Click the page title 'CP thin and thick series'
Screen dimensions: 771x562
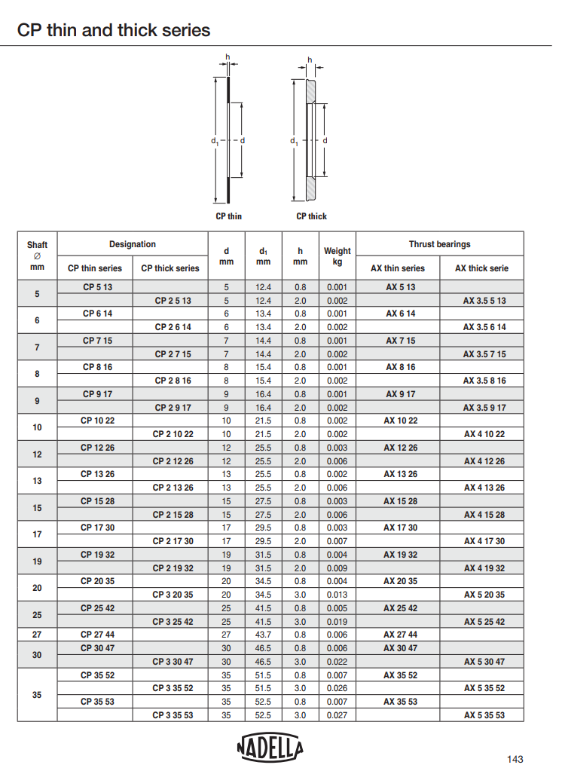[x=114, y=31]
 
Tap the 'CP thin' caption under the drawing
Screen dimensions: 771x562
[x=228, y=216]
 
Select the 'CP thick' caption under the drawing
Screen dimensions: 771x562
[x=311, y=216]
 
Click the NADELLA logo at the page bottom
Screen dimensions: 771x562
[x=270, y=748]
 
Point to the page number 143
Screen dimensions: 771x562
[x=515, y=758]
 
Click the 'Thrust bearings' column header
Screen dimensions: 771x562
[x=439, y=244]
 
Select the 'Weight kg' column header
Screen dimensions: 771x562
[x=337, y=256]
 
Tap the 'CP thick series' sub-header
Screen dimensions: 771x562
[x=170, y=268]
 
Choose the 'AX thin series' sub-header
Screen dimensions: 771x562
[x=398, y=268]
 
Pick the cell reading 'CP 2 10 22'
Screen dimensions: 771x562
[x=173, y=434]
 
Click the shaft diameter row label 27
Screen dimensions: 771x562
[x=37, y=635]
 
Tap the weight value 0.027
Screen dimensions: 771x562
[x=337, y=715]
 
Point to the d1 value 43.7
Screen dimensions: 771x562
[x=263, y=635]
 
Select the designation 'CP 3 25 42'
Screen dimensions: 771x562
[x=173, y=622]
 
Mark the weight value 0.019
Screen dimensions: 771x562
[x=337, y=622]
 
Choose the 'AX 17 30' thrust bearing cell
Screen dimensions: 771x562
[x=400, y=528]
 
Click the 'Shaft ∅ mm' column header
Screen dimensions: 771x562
[x=37, y=256]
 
